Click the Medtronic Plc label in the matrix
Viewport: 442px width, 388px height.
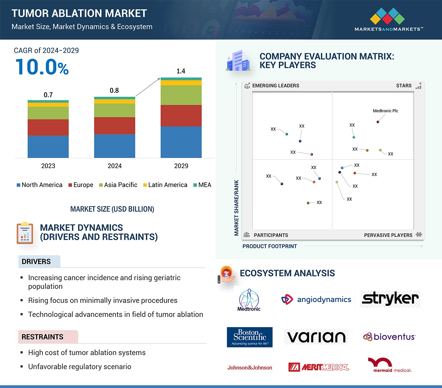coord(385,111)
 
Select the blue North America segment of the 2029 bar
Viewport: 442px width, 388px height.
coord(181,142)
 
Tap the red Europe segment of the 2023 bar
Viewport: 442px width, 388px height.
coord(48,127)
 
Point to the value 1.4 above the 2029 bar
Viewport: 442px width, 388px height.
coord(181,71)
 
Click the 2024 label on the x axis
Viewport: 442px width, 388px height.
coord(114,166)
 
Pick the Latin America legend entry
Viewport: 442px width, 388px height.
coord(165,185)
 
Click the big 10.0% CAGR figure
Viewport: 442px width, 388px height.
coord(42,67)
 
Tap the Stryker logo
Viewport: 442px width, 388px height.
coord(390,299)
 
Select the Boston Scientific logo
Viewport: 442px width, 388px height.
coord(250,337)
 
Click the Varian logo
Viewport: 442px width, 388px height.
coord(316,337)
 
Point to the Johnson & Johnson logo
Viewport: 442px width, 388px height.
coord(250,367)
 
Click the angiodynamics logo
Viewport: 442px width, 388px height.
coord(317,300)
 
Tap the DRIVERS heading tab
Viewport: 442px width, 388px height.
coord(36,262)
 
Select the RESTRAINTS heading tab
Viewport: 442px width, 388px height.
coord(43,337)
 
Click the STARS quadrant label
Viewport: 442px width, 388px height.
coord(404,85)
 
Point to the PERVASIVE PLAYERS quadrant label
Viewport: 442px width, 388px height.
coord(388,235)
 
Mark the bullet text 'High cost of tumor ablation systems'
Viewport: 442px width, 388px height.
coord(87,353)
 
